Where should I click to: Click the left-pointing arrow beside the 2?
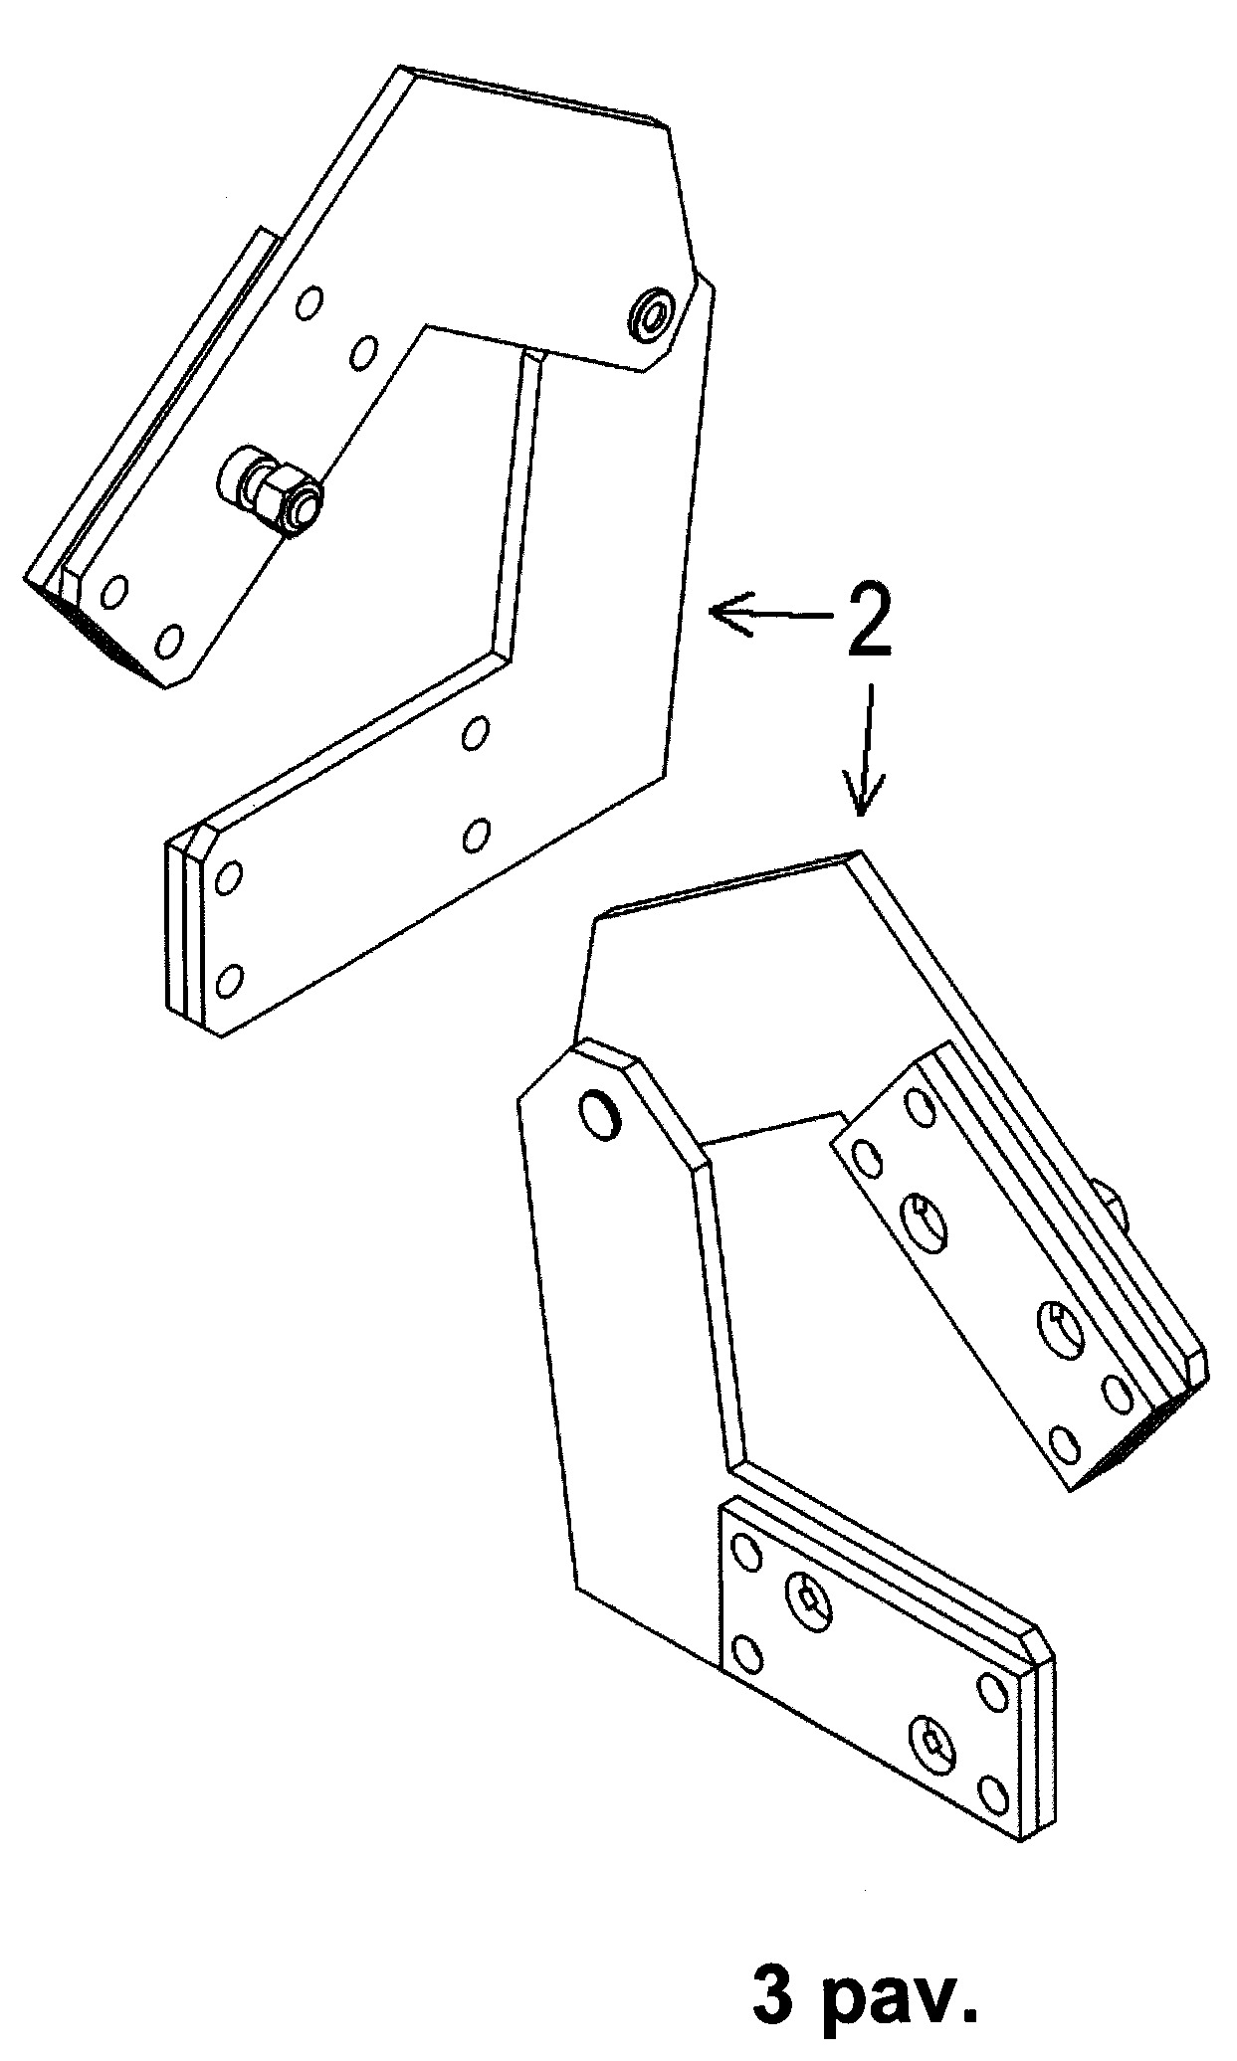pos(771,615)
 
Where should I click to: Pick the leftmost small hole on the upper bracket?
pos(114,593)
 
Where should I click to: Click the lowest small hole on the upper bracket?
pos(229,981)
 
